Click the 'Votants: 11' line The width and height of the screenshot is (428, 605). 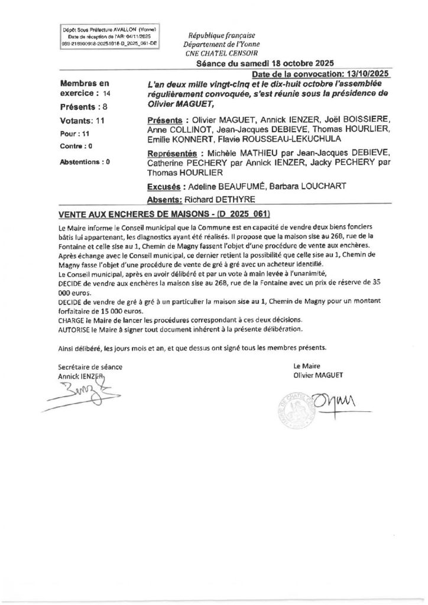83,121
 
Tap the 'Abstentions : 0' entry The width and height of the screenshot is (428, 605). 85,161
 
